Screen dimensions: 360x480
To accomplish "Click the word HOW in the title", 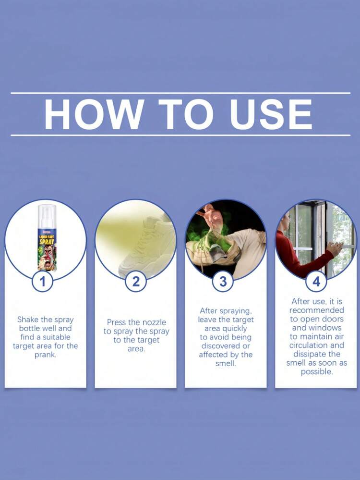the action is pos(93,114).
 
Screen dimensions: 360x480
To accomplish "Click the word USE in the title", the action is pos(271,114).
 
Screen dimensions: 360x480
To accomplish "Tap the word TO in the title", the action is pos(186,114).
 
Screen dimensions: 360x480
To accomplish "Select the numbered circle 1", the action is pos(43,281).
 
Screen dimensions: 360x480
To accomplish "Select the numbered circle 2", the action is pos(136,281).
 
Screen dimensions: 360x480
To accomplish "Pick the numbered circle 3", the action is pos(223,281).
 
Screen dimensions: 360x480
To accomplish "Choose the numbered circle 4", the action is pos(316,281).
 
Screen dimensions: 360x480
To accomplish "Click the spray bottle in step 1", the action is pos(47,237).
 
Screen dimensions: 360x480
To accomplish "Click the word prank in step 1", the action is pos(45,355).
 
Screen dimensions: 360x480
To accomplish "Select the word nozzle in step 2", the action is pos(155,322).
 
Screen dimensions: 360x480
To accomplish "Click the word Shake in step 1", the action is pos(28,320).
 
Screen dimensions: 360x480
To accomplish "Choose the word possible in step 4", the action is pos(317,372).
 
